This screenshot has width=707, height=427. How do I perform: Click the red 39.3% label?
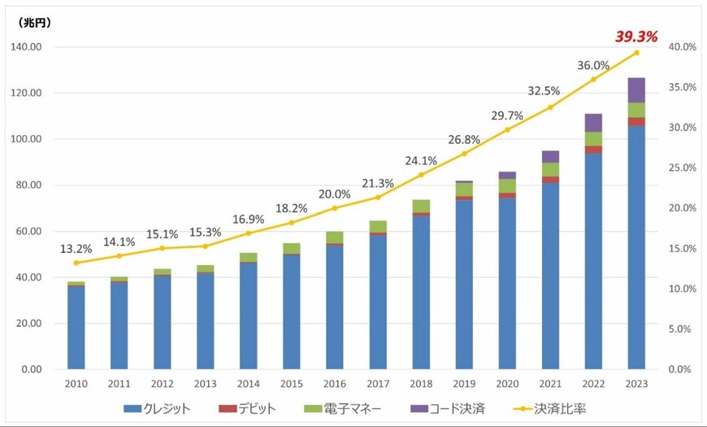pos(635,36)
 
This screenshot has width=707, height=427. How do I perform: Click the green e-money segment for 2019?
pos(463,189)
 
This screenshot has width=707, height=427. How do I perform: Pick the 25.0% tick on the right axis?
pos(681,168)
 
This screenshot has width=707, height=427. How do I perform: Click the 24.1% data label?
pos(421,159)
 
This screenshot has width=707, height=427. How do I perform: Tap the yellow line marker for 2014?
pos(249,233)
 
